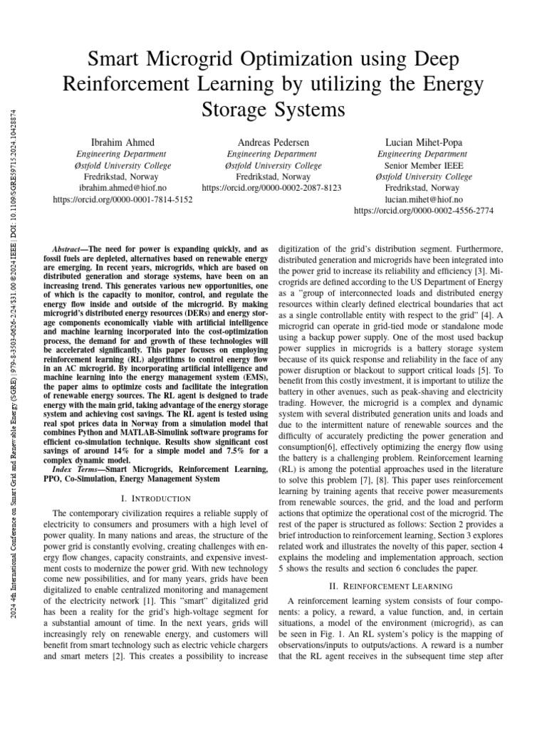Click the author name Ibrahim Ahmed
(x=123, y=142)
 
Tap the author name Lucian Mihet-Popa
(x=423, y=142)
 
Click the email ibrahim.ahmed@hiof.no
(x=123, y=189)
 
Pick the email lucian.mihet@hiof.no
(x=423, y=200)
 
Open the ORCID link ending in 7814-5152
(x=123, y=200)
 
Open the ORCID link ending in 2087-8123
(x=272, y=189)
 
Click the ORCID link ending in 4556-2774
(x=423, y=211)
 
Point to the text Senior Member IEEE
(x=423, y=165)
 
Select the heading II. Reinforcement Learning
(x=392, y=586)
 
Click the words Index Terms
(x=78, y=470)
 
